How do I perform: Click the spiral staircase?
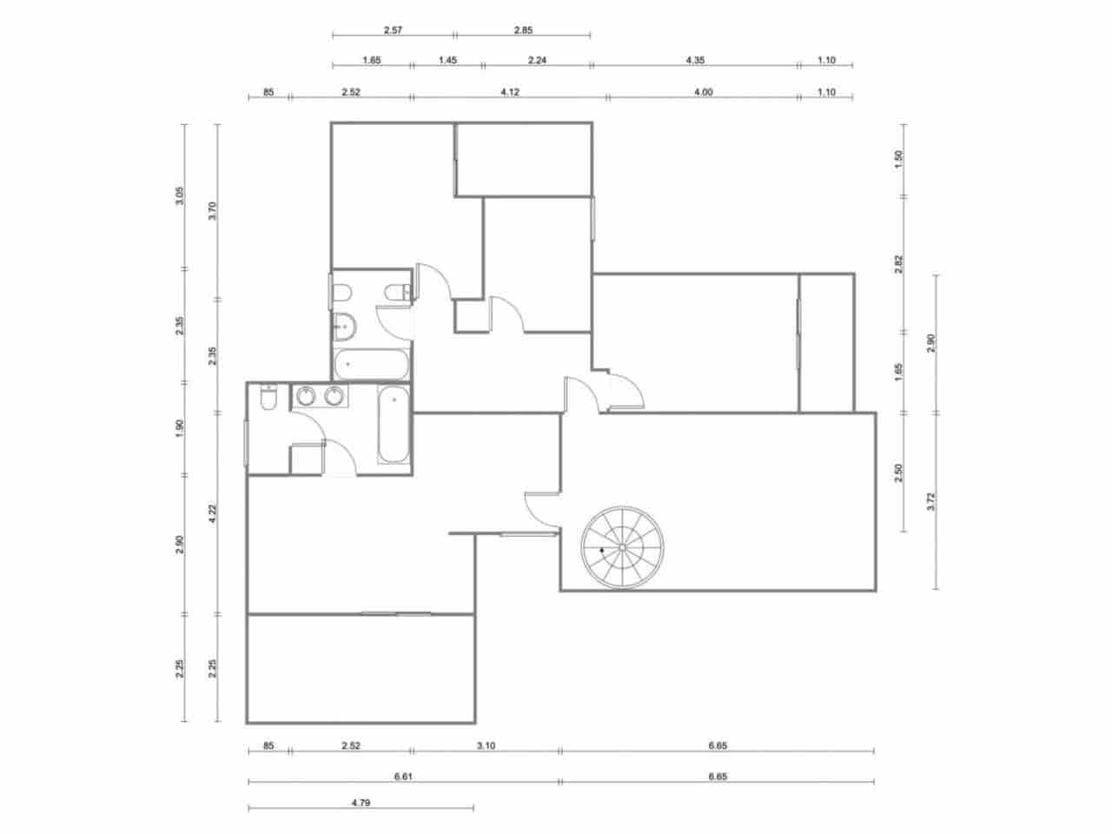(622, 548)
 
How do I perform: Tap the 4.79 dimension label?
(361, 804)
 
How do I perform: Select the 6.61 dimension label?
(403, 777)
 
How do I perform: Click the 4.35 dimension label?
(695, 60)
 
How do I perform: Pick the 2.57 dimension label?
(393, 30)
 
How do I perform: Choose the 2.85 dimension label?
(522, 30)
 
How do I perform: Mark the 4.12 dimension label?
(510, 91)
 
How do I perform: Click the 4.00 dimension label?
(704, 91)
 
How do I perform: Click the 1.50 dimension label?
(899, 159)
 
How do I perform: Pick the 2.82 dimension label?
(899, 264)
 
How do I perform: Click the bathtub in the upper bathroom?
(371, 365)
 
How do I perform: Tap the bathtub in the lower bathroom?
(394, 427)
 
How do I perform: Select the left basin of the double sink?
(305, 397)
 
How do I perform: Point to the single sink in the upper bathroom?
(343, 327)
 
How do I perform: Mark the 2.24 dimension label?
(536, 60)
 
